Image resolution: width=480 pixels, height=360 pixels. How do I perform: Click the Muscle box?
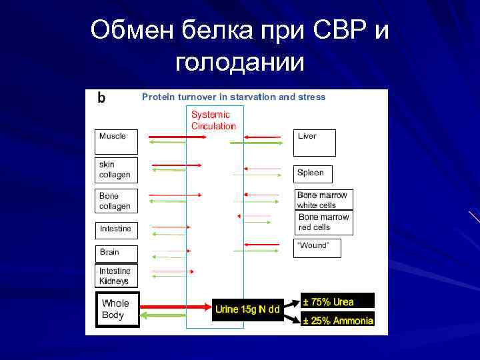[116, 141]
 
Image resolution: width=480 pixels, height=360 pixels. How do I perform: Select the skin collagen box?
[116, 170]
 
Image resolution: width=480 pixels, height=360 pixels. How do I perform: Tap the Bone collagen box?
[116, 201]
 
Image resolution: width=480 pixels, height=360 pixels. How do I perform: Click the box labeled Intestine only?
[116, 229]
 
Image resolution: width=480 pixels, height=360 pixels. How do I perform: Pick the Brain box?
[116, 253]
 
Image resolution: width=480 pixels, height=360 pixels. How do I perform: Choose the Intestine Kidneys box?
[116, 276]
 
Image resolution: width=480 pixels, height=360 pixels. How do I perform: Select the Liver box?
[314, 141]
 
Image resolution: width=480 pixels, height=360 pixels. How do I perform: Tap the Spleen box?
[312, 173]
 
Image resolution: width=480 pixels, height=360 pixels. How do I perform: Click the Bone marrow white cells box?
[324, 200]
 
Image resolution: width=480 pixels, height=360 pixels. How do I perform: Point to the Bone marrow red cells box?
[324, 223]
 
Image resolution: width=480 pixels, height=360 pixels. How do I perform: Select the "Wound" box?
[317, 247]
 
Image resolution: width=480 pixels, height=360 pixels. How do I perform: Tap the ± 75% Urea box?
[337, 301]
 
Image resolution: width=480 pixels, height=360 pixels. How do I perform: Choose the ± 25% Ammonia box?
[337, 320]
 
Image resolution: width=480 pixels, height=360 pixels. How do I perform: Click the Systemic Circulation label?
[213, 121]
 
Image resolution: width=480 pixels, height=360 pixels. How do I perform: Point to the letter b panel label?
[101, 98]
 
